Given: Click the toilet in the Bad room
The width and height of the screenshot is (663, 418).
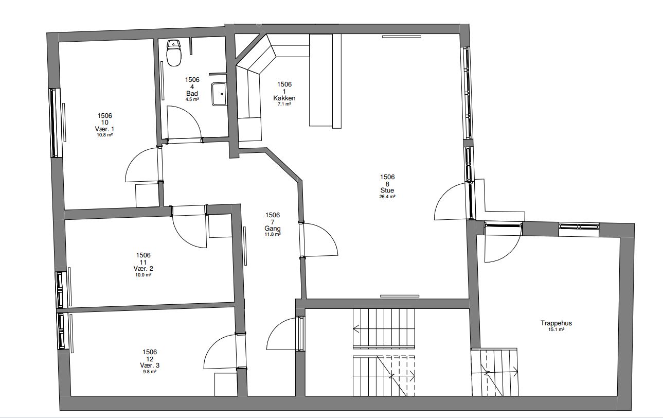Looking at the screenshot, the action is [174, 53].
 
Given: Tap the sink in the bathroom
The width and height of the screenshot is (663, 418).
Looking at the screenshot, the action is [219, 94].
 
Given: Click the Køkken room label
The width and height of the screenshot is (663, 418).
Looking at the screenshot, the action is [284, 98].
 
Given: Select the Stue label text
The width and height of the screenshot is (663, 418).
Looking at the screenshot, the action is [387, 190].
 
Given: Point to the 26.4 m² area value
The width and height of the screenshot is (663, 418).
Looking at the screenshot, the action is [387, 197].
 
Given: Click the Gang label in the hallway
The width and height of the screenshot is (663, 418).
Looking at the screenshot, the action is [272, 229].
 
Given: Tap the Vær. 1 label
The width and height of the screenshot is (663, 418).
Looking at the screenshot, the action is [104, 129].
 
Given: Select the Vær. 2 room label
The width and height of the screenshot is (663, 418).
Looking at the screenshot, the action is [144, 269].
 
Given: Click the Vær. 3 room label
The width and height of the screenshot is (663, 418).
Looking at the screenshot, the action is [150, 365].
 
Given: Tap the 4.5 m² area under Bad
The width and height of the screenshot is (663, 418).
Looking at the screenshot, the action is [192, 99].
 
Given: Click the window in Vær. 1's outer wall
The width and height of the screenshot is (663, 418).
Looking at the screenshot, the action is [55, 123].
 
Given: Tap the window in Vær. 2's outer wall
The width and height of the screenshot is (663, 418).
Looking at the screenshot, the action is [60, 290].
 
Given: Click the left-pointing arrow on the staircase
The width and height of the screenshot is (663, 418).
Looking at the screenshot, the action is [356, 329].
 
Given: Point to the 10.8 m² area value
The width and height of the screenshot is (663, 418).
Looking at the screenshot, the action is [104, 135].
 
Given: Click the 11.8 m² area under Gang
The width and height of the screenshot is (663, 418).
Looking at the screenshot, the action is [272, 234].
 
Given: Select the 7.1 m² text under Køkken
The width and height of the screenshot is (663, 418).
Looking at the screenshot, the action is [284, 104].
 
